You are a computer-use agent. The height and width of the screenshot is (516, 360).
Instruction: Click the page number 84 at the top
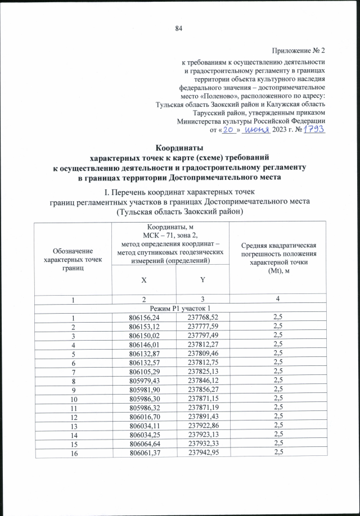(179, 29)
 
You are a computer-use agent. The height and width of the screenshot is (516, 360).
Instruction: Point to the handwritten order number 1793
(314, 129)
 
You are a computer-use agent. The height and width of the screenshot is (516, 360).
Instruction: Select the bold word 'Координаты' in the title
(179, 147)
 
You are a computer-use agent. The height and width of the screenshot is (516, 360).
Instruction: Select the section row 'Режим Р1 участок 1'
(179, 308)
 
